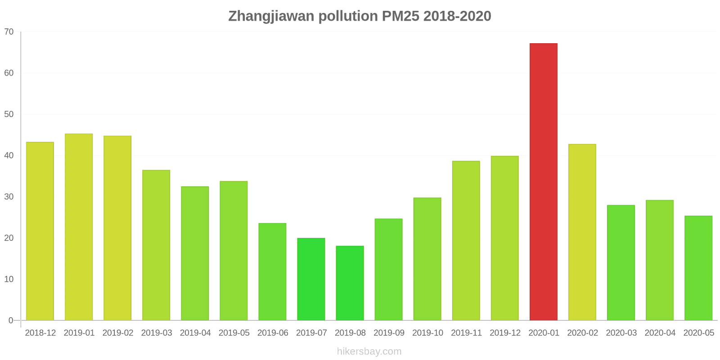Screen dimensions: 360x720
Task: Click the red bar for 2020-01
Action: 543,182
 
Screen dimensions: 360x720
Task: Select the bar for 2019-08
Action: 350,283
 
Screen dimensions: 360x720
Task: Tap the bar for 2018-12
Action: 40,231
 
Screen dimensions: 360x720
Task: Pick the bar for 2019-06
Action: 272,272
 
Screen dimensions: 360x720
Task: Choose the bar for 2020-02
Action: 582,232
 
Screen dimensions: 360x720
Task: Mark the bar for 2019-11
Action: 466,241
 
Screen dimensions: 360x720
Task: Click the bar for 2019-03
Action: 156,245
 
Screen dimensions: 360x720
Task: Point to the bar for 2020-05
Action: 698,268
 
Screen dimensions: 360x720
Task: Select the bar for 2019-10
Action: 427,259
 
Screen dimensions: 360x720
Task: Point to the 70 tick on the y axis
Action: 9,32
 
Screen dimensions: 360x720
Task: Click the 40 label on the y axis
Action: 9,156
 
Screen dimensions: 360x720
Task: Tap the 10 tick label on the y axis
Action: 9,279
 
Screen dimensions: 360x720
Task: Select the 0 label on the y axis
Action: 11,320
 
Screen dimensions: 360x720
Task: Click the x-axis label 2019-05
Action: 234,333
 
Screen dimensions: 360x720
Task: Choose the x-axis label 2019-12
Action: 505,333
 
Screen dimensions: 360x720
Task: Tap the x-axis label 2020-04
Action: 660,333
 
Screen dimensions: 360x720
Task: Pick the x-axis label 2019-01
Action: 79,333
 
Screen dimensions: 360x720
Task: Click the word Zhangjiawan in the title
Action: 271,16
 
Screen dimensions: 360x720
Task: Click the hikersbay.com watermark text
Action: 369,351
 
